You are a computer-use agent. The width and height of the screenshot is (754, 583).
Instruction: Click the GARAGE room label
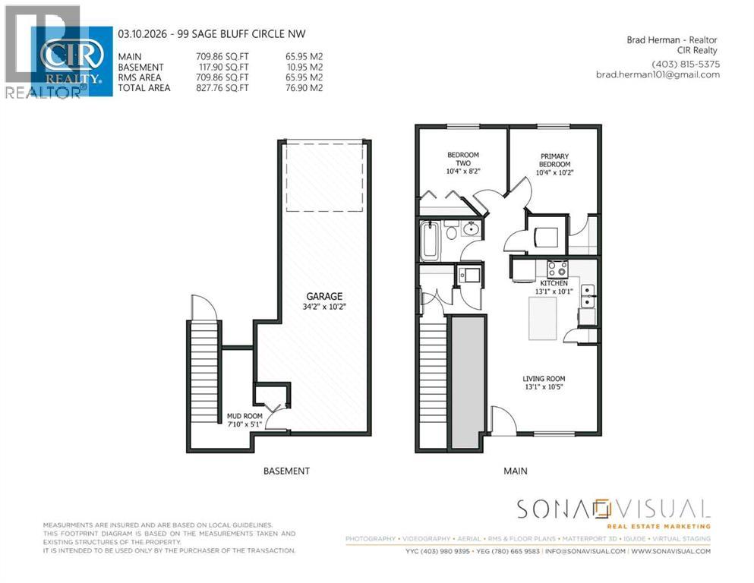324,296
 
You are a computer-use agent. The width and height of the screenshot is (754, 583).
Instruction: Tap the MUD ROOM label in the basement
244,416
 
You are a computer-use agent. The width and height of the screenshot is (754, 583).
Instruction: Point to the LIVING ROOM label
544,379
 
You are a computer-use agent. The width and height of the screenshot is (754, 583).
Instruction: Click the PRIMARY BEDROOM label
554,160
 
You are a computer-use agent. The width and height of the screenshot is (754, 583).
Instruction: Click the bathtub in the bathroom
430,239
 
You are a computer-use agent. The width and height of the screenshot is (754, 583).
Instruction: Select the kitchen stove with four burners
557,268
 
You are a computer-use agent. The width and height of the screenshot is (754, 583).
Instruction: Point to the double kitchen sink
587,297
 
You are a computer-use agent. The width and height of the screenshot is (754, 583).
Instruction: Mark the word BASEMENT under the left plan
286,471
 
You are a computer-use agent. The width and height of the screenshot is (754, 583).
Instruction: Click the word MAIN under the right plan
515,471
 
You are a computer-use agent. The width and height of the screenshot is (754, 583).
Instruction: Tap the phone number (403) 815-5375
685,64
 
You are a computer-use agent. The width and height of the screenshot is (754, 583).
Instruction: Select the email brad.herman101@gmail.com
658,74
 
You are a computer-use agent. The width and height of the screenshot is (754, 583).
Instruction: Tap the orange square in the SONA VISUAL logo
603,507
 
